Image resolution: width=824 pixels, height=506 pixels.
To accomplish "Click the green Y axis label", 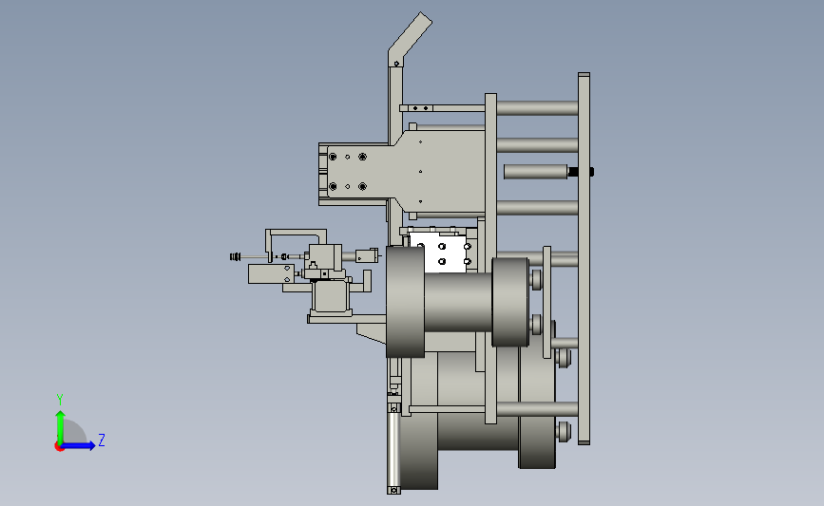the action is (60, 400).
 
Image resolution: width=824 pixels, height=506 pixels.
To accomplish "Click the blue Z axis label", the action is (102, 440).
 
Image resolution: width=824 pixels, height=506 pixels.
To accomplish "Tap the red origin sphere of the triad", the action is (59, 446).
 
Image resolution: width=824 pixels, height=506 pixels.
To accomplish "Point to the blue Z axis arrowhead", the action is (91, 445).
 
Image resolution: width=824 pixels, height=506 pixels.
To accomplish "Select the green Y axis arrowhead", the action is (61, 415).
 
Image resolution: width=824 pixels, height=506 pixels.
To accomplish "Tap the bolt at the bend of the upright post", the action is (396, 64).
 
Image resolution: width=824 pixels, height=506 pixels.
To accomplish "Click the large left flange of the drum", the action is (405, 302).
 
